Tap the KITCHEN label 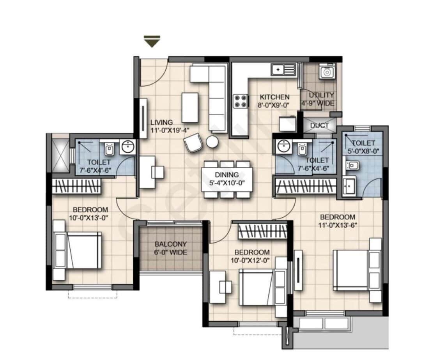pos(275,97)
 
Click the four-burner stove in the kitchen pos(241,101)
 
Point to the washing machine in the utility pos(325,72)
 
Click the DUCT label pos(319,125)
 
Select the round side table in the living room pos(212,142)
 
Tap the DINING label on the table pos(226,175)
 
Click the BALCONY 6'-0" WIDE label pos(171,248)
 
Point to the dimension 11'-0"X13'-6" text pos(338,225)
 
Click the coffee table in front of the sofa pos(190,107)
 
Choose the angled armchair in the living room pos(193,143)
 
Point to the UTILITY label pos(321,95)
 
